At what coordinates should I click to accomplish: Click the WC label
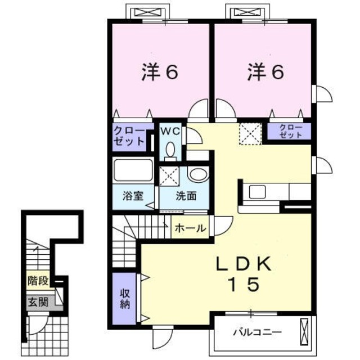170,131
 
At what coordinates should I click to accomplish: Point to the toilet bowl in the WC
171,151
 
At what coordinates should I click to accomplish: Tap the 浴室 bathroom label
133,196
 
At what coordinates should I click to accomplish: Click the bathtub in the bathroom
133,170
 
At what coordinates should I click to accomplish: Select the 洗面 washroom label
185,196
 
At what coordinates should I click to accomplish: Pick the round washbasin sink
197,174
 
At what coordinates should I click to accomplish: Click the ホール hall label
190,228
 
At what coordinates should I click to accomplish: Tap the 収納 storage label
124,299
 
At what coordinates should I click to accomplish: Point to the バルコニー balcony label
257,332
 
